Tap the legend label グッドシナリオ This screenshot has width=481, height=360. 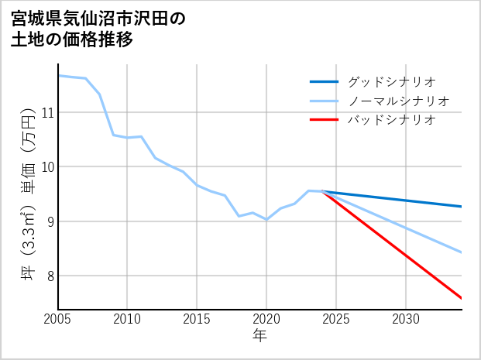tap(391, 81)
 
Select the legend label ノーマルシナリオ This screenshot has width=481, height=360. tap(398, 101)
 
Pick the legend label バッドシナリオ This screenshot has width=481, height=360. tap(391, 120)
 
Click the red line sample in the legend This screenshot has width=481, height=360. tap(324, 120)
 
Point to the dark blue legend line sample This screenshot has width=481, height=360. tap(324, 81)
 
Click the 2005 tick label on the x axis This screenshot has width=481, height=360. tap(58, 319)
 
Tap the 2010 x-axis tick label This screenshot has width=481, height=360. tap(127, 319)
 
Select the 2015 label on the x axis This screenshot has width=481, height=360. tap(197, 319)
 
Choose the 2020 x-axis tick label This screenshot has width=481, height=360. tap(266, 319)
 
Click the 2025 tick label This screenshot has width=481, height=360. tap(336, 319)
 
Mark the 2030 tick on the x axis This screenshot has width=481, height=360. tap(406, 319)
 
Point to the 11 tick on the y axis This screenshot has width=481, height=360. tap(48, 113)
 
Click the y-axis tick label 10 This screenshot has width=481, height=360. tap(48, 167)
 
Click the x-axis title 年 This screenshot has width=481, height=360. tap(260, 336)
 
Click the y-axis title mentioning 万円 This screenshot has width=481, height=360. tap(28, 194)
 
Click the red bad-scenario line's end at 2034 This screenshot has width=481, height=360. tap(462, 298)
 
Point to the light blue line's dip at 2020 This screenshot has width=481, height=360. tap(266, 219)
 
